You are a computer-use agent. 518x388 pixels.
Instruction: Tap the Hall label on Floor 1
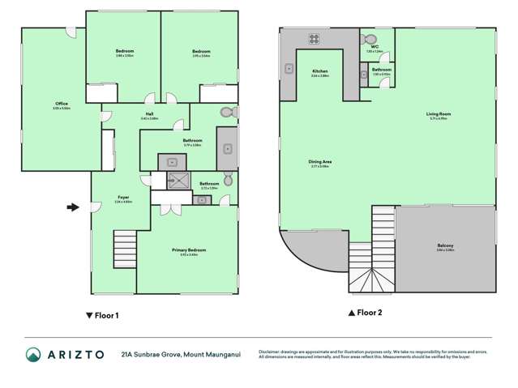point(149,113)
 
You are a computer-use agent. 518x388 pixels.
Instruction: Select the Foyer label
point(123,197)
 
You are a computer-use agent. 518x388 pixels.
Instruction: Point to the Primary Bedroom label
point(189,250)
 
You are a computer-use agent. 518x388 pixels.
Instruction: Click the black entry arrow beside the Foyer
point(72,207)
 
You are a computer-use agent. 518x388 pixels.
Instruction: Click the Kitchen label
point(320,71)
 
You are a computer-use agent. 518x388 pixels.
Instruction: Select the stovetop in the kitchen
point(313,37)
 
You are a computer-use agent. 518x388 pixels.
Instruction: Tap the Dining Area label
point(320,162)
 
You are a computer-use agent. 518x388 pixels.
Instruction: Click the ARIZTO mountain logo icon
point(33,354)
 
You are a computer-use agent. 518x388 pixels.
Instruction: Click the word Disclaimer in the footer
point(271,350)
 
